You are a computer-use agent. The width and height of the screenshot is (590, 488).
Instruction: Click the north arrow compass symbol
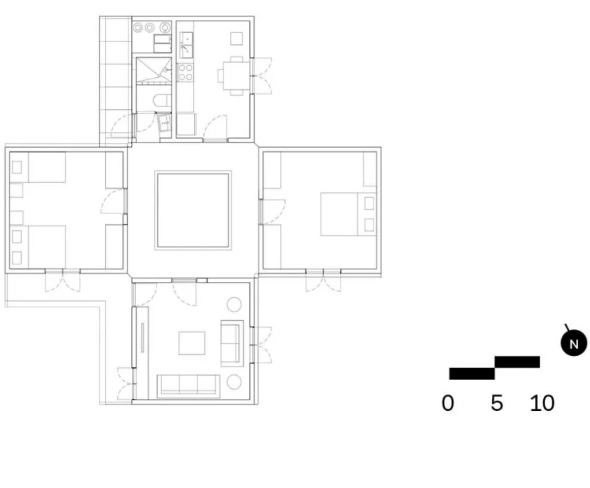click(x=573, y=343)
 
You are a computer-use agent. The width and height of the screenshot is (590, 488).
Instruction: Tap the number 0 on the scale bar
click(x=448, y=403)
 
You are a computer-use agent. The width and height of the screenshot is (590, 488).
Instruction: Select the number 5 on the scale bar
click(x=497, y=403)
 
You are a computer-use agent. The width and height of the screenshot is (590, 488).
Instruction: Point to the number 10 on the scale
click(x=542, y=403)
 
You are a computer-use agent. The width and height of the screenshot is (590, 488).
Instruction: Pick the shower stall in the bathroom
click(x=154, y=71)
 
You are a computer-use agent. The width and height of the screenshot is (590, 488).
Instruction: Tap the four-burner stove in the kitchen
click(x=185, y=73)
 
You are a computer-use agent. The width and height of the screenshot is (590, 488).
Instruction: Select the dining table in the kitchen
click(x=236, y=76)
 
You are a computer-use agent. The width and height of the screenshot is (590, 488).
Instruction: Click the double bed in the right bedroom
click(x=348, y=215)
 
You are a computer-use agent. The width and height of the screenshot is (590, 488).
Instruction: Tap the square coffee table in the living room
click(x=192, y=343)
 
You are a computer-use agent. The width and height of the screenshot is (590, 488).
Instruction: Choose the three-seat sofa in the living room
click(x=189, y=386)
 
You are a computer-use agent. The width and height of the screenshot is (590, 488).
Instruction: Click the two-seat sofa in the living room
click(x=232, y=343)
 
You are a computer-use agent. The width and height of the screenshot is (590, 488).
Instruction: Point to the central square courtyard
click(x=193, y=210)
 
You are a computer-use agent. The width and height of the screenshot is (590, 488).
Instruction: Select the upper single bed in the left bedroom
click(x=38, y=167)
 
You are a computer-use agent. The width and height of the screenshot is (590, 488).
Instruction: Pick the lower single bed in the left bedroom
click(x=38, y=247)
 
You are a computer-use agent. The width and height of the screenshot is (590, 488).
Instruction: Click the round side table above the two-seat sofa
click(x=234, y=304)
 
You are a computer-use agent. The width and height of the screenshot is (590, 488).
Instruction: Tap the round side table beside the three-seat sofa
click(x=234, y=382)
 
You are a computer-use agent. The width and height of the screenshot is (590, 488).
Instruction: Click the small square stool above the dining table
click(x=237, y=38)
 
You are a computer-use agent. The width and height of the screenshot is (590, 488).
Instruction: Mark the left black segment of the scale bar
click(x=472, y=374)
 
